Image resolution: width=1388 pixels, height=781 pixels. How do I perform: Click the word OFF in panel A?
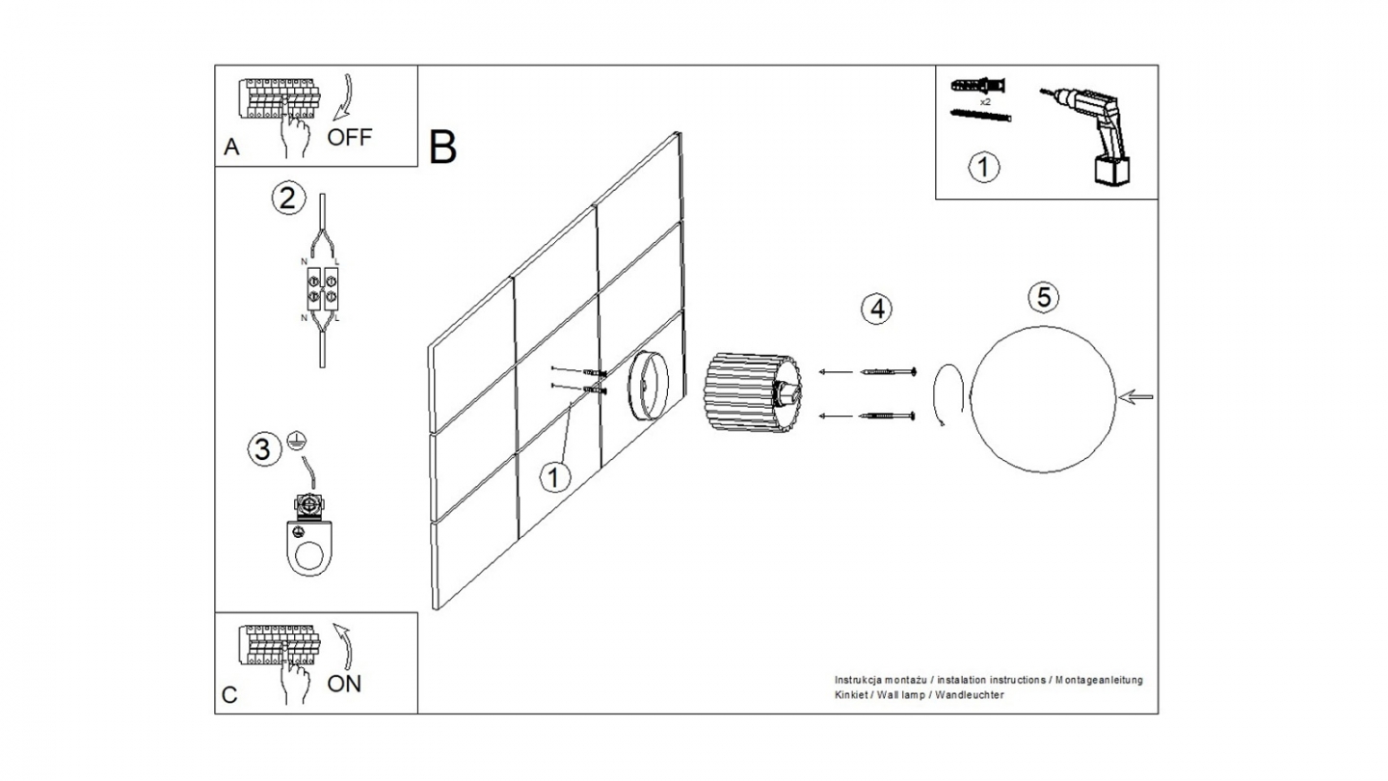349,136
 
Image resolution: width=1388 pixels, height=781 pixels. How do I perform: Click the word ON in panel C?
344,684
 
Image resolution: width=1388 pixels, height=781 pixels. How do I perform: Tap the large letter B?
442,147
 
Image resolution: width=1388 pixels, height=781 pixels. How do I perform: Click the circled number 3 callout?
260,448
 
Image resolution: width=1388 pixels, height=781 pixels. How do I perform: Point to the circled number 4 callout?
875,309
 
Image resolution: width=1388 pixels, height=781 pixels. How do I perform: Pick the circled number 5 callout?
1041,297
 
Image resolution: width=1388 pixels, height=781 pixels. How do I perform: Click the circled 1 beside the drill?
983,168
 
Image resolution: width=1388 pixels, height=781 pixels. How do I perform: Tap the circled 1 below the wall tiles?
554,476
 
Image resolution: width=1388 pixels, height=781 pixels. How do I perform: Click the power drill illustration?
1095,134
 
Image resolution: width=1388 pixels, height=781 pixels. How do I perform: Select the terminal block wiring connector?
321,286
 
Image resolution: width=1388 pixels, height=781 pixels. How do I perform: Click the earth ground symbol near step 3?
296,442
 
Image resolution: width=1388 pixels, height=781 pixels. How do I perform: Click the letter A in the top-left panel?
231,148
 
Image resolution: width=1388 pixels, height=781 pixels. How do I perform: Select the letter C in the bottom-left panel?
229,695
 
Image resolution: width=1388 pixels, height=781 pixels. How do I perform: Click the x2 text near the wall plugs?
985,101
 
